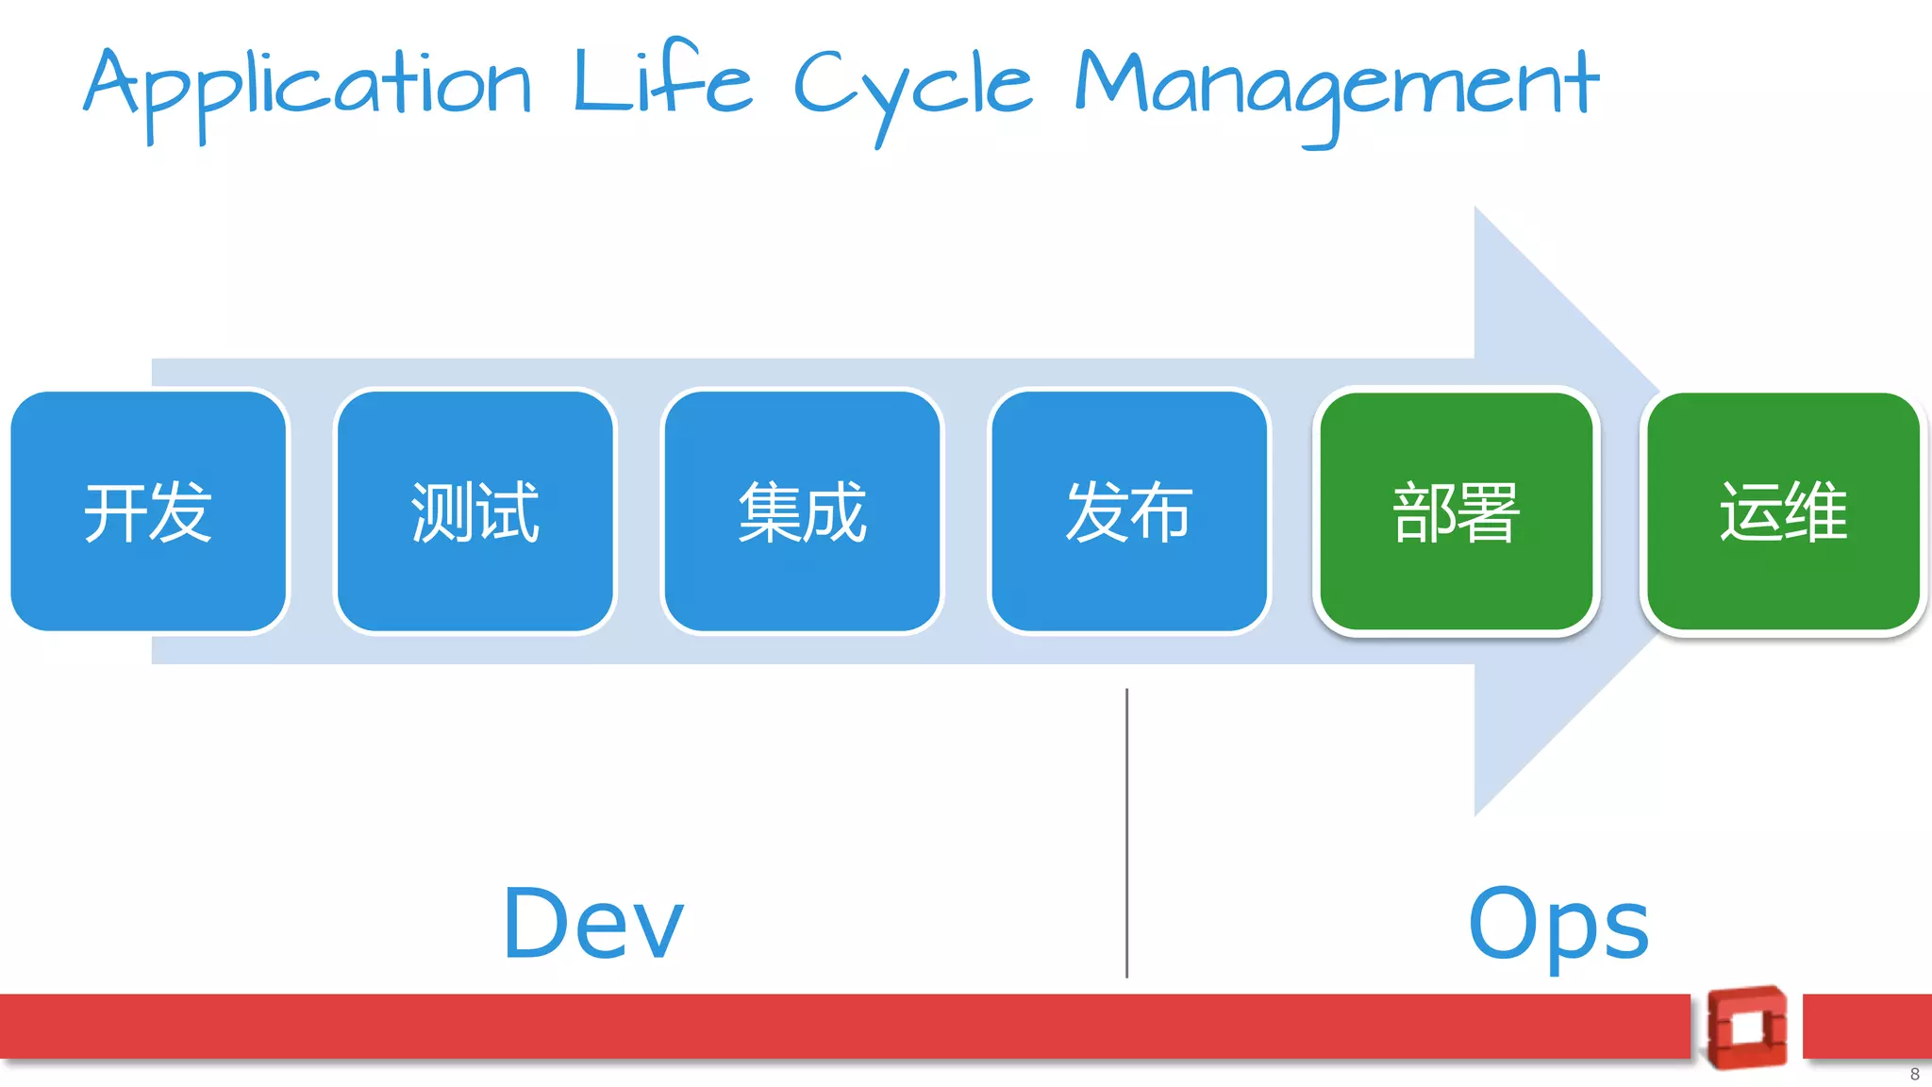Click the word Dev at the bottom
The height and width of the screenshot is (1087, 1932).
(x=592, y=924)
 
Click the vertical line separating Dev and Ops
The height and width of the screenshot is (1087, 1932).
(x=1126, y=830)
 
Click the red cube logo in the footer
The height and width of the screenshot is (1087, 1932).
(x=1746, y=1028)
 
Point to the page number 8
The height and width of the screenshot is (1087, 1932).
(x=1914, y=1074)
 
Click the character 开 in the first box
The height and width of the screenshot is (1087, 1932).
(x=115, y=512)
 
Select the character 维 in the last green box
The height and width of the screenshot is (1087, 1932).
(x=1816, y=510)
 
